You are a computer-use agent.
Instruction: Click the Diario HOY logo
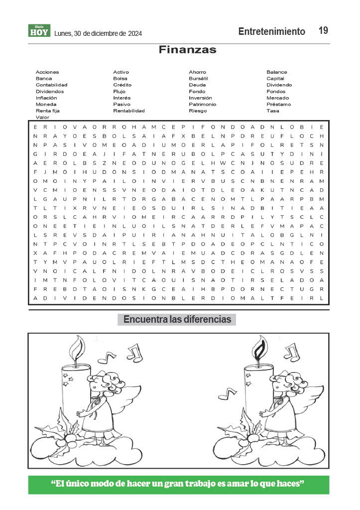point(39,31)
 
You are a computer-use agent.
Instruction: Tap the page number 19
point(323,31)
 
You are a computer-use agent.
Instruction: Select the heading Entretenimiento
point(271,31)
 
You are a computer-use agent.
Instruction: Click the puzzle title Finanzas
point(187,50)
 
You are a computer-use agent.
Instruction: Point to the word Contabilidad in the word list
point(51,85)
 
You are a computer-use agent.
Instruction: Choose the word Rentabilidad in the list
point(128,111)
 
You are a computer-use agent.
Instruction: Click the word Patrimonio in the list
point(202,105)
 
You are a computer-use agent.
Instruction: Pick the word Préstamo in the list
point(278,105)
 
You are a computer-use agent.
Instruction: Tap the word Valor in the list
point(42,118)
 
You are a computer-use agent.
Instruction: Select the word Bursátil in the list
point(198,79)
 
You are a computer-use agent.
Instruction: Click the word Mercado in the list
point(277,98)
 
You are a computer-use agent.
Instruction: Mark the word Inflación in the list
point(46,98)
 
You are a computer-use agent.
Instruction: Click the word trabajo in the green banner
point(216,484)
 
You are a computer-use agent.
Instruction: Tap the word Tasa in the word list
point(272,111)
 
